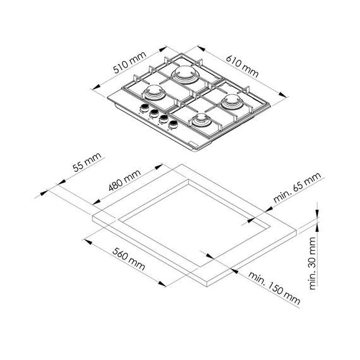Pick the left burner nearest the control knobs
(153, 94)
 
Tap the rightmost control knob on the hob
(171, 123)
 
